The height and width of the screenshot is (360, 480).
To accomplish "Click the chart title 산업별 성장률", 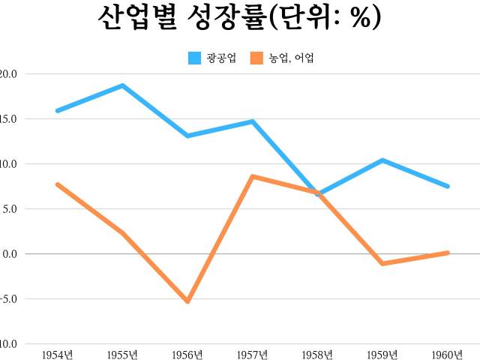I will (239, 18).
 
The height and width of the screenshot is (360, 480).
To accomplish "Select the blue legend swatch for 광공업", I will (194, 58).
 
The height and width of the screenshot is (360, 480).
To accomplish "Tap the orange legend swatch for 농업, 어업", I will (256, 58).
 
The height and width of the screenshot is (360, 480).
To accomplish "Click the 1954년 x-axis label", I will (57, 353).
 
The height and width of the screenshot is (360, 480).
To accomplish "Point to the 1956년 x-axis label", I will (187, 353).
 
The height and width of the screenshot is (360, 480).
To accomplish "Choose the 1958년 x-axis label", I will (318, 353).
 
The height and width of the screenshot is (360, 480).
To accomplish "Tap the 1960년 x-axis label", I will (448, 353).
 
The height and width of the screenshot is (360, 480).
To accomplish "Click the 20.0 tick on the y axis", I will (10, 73).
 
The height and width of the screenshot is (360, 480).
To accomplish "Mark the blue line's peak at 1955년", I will (122, 85).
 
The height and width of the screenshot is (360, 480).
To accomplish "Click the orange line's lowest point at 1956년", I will (187, 301).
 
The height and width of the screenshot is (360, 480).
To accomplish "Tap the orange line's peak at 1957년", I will (253, 176).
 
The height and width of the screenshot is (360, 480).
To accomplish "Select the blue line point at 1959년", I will (382, 160).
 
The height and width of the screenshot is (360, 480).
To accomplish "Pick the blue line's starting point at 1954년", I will (57, 111).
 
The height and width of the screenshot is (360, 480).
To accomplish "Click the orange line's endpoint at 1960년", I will (448, 253).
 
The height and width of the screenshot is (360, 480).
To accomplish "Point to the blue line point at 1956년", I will (187, 136).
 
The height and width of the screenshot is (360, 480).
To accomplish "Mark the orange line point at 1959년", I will (382, 263).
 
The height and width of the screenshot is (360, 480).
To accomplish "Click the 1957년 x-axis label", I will (253, 353).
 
